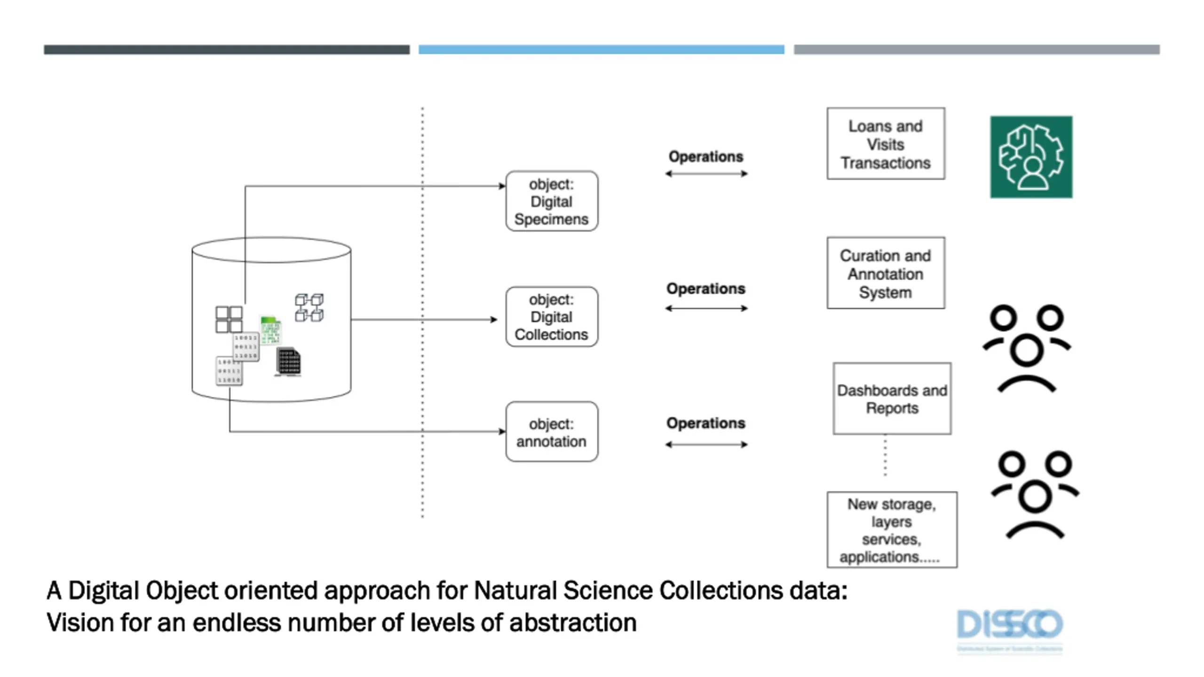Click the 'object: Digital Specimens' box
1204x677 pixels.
[552, 201]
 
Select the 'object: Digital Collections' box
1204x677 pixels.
[552, 317]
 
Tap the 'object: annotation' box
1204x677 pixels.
[552, 432]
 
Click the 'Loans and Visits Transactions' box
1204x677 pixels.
[886, 144]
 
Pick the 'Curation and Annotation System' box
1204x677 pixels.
[886, 273]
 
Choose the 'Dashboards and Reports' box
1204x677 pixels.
[892, 399]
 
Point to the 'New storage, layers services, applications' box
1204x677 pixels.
[892, 530]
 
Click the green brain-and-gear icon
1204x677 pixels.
[1031, 157]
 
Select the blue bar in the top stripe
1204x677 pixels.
[601, 49]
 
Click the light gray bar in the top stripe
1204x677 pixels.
[976, 49]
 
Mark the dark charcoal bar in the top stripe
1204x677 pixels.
[227, 49]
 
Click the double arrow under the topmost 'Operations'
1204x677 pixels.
[706, 174]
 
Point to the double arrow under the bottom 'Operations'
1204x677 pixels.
[706, 444]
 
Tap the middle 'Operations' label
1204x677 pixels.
[705, 288]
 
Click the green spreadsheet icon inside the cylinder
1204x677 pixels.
[270, 330]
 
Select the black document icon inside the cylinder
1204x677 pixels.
[288, 362]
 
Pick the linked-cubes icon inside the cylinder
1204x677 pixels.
[309, 307]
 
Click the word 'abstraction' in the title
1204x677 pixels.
[572, 622]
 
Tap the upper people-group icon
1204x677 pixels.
[1027, 348]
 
